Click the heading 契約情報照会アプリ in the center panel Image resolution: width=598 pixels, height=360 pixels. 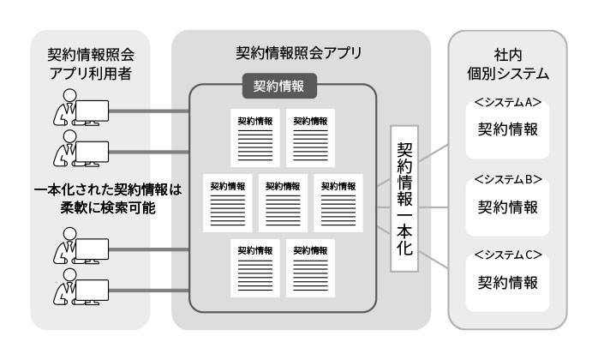point(299,51)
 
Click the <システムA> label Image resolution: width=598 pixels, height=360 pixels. point(507,102)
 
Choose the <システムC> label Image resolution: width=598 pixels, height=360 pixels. point(507,255)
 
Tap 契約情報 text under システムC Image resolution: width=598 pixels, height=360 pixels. point(507,282)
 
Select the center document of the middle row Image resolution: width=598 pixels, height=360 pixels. point(283,202)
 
